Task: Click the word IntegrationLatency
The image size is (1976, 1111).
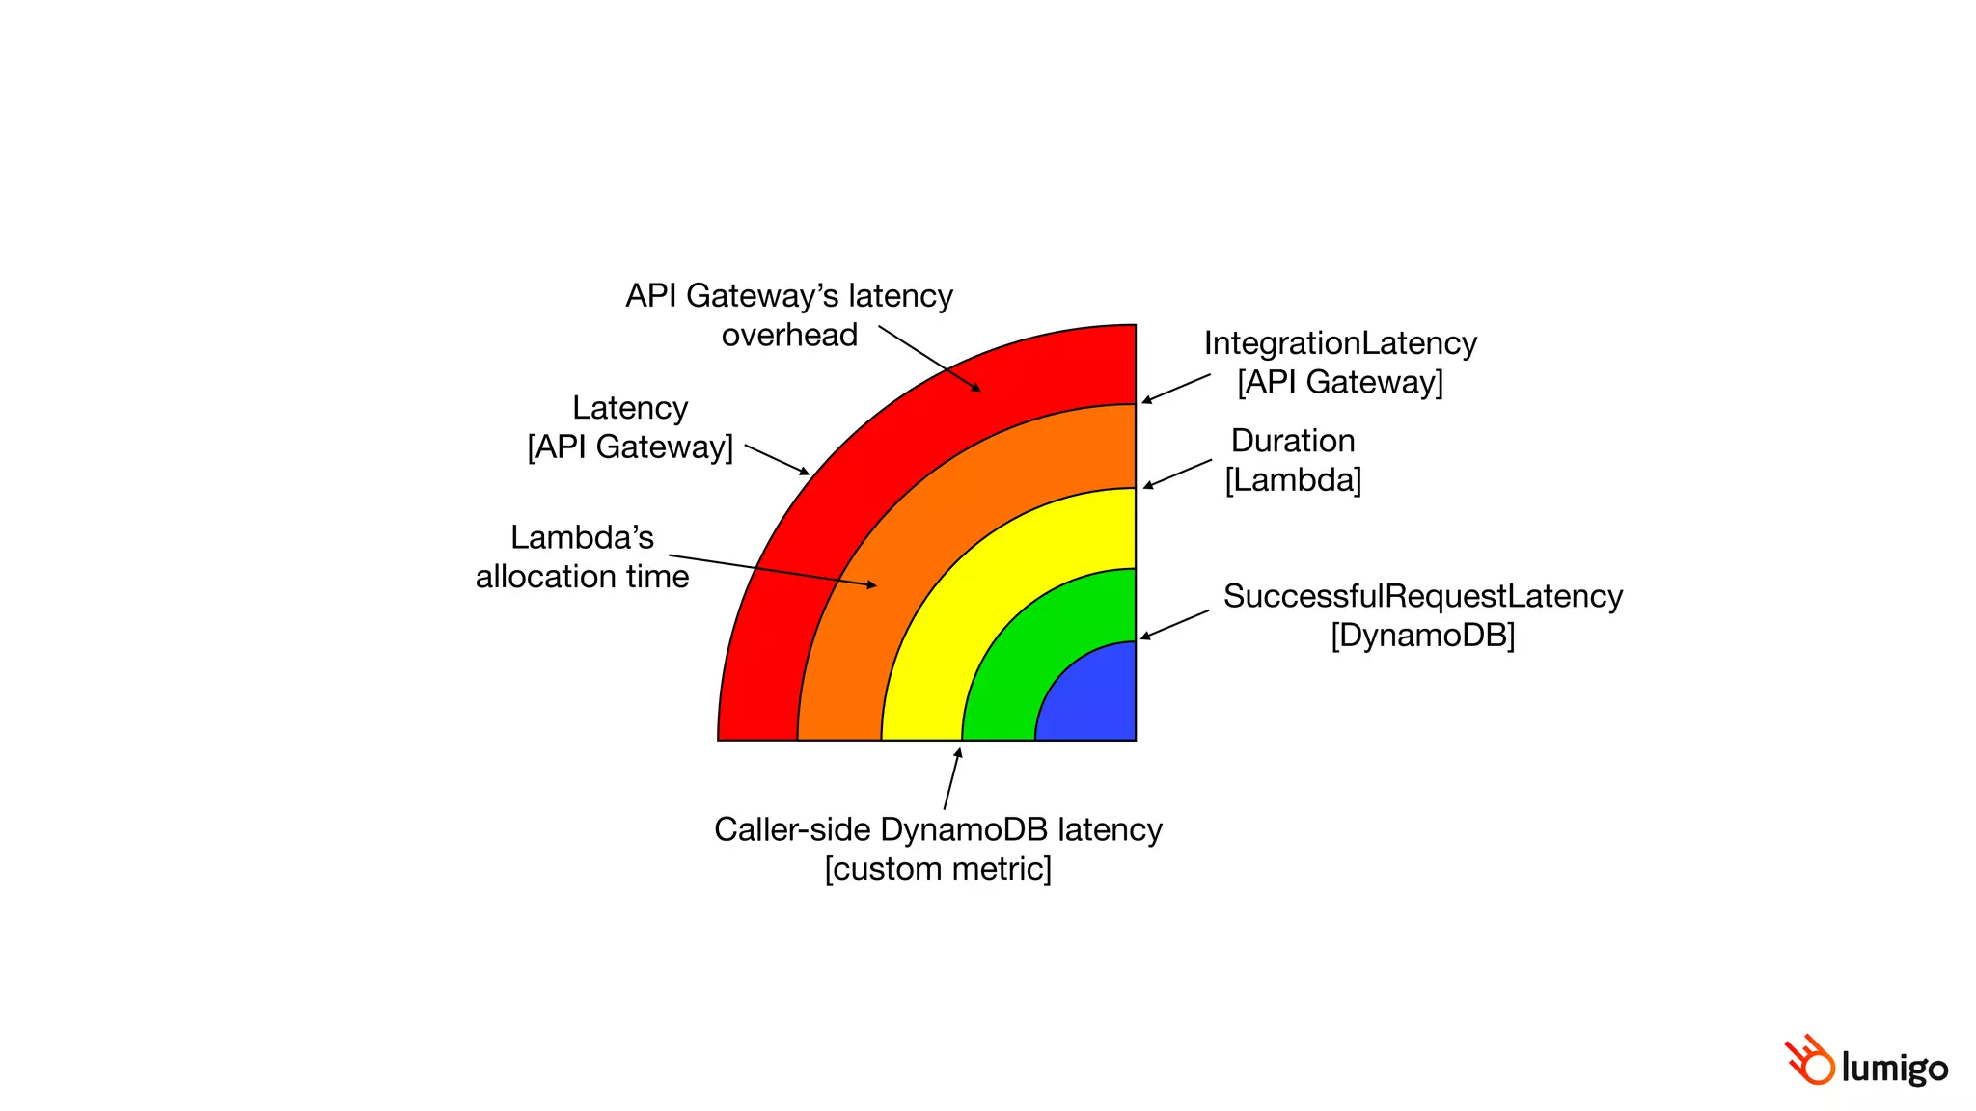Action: [1340, 343]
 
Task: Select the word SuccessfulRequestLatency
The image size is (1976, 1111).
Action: [1422, 596]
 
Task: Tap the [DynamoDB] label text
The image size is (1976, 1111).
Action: [1422, 636]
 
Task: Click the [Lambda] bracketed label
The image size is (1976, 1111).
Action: [1293, 479]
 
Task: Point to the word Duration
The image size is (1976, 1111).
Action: [1293, 441]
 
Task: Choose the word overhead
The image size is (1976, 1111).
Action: [789, 335]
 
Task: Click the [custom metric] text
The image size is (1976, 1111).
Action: [938, 869]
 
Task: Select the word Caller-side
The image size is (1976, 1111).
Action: [792, 829]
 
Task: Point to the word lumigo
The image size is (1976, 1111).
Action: [1895, 1068]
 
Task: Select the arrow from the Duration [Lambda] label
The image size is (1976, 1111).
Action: [1177, 474]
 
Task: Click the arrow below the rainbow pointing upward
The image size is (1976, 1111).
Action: [952, 778]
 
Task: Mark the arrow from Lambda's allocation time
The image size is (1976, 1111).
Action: [772, 570]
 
